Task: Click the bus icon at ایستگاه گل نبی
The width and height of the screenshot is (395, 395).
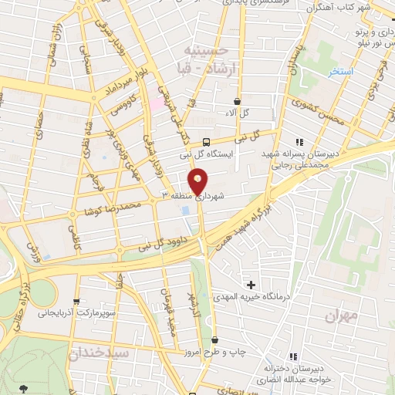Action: click(206, 141)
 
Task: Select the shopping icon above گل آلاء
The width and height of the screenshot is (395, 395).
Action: click(237, 101)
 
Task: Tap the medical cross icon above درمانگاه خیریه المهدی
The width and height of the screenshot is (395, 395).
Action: click(248, 285)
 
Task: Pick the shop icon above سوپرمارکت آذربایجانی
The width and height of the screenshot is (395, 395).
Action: click(76, 302)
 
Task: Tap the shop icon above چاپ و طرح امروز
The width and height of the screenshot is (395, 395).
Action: click(216, 339)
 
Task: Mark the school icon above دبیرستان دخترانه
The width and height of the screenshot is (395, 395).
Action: click(292, 356)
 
